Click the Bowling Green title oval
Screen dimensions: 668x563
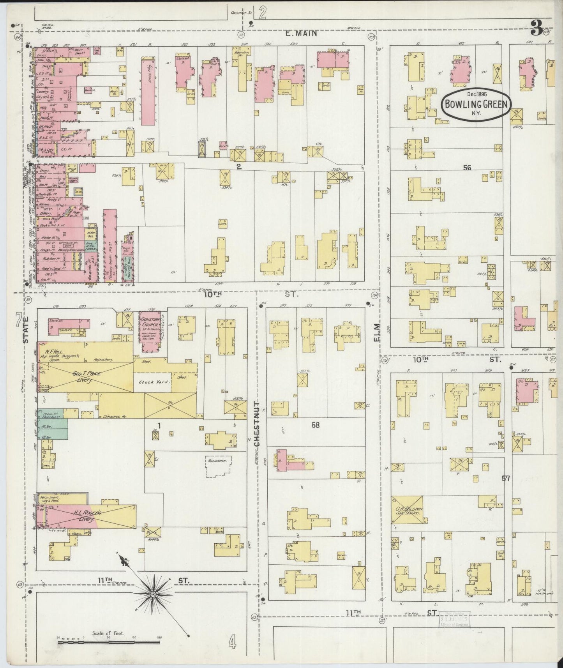(x=475, y=104)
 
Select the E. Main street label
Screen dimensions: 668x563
(x=301, y=34)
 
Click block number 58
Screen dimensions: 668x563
(x=315, y=425)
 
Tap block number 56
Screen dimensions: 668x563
(x=467, y=168)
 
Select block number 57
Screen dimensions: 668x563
(x=506, y=479)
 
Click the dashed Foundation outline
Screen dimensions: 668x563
(x=218, y=466)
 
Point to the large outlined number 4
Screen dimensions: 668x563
(x=233, y=641)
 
